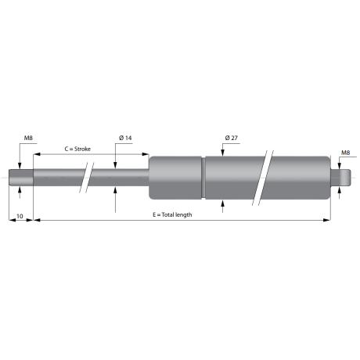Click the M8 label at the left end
point(28,138)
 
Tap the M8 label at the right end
point(345,153)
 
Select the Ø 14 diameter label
point(125,138)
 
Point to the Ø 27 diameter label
point(232,138)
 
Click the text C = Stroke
point(77,149)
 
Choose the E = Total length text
point(172,214)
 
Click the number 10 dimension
point(20,216)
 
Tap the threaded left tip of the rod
point(21,178)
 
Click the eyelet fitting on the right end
point(340,178)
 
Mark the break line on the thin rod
point(87,178)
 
